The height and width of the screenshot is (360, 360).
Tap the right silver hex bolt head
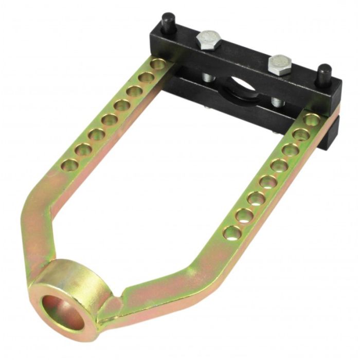[x=280, y=64]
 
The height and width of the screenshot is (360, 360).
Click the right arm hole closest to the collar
[x=232, y=232]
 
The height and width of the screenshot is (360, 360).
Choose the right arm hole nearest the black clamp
[x=310, y=119]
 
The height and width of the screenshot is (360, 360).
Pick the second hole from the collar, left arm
[x=83, y=150]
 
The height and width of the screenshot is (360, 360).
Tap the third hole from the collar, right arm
[x=255, y=198]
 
